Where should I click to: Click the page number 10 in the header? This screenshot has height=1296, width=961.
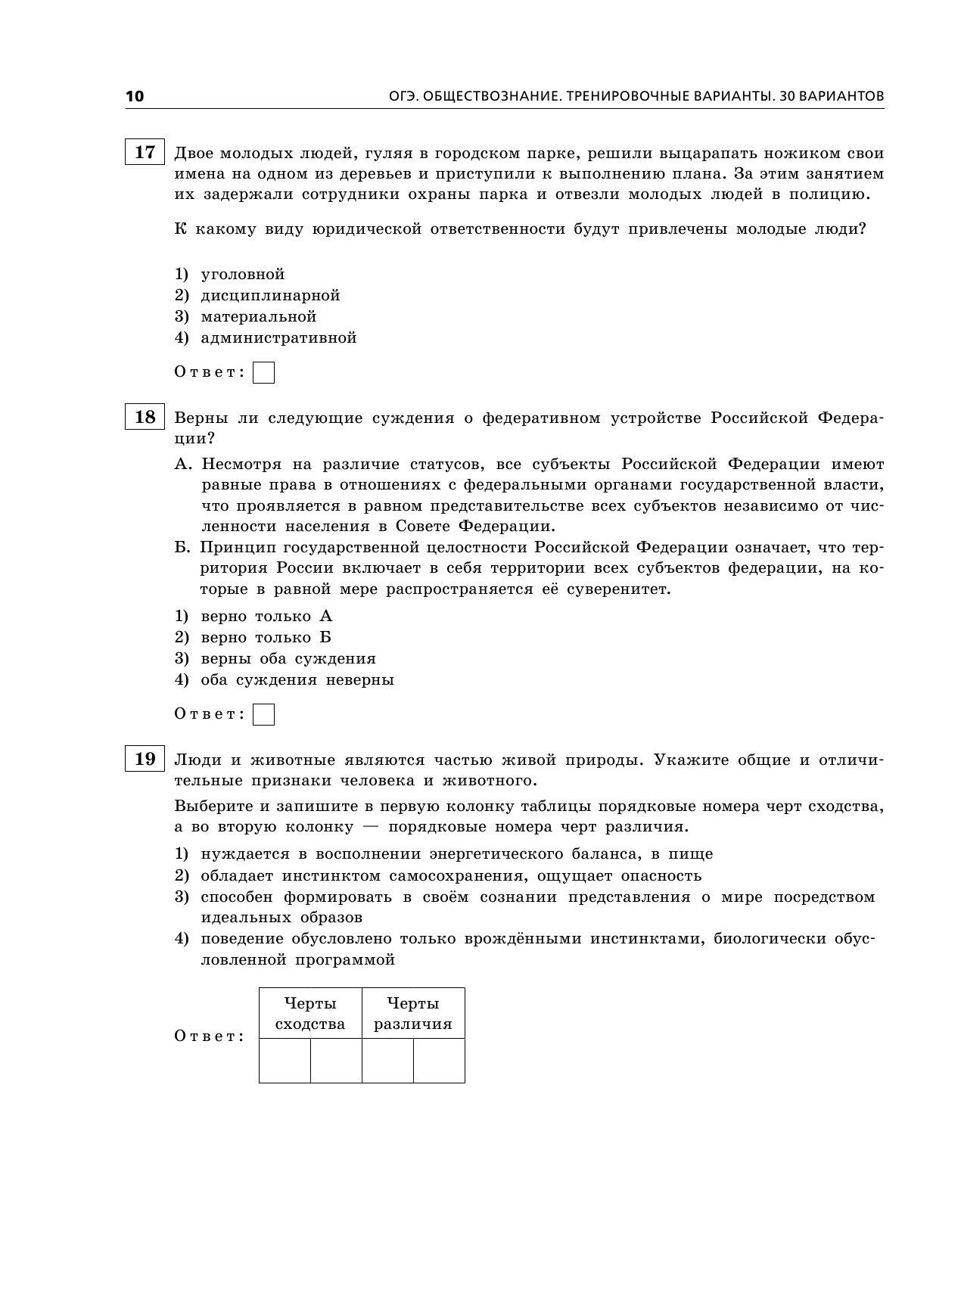pyautogui.click(x=134, y=96)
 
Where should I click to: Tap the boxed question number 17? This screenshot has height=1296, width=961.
pyautogui.click(x=145, y=152)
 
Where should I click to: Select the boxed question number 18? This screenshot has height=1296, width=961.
pyautogui.click(x=145, y=417)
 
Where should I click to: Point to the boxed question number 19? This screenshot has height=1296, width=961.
pyautogui.click(x=145, y=759)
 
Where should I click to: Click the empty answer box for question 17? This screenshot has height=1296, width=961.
pyautogui.click(x=263, y=373)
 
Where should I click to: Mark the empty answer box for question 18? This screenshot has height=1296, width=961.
pyautogui.click(x=263, y=715)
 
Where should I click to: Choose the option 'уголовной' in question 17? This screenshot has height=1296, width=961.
pyautogui.click(x=242, y=274)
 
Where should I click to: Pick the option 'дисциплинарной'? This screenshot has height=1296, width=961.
pyautogui.click(x=270, y=295)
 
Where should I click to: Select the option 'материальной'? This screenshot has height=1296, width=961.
pyautogui.click(x=258, y=316)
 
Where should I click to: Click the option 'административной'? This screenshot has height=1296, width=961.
pyautogui.click(x=278, y=337)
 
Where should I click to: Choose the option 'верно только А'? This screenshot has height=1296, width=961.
pyautogui.click(x=266, y=616)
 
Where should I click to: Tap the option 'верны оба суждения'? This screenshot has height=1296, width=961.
pyautogui.click(x=288, y=658)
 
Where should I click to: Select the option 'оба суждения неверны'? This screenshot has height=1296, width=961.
pyautogui.click(x=297, y=679)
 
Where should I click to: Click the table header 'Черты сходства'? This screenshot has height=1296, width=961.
pyautogui.click(x=310, y=1014)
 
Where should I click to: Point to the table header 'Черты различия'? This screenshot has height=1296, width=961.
pyautogui.click(x=413, y=1014)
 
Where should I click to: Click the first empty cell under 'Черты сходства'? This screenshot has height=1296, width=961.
pyautogui.click(x=285, y=1061)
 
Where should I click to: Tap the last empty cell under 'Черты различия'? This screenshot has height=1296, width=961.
pyautogui.click(x=439, y=1061)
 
